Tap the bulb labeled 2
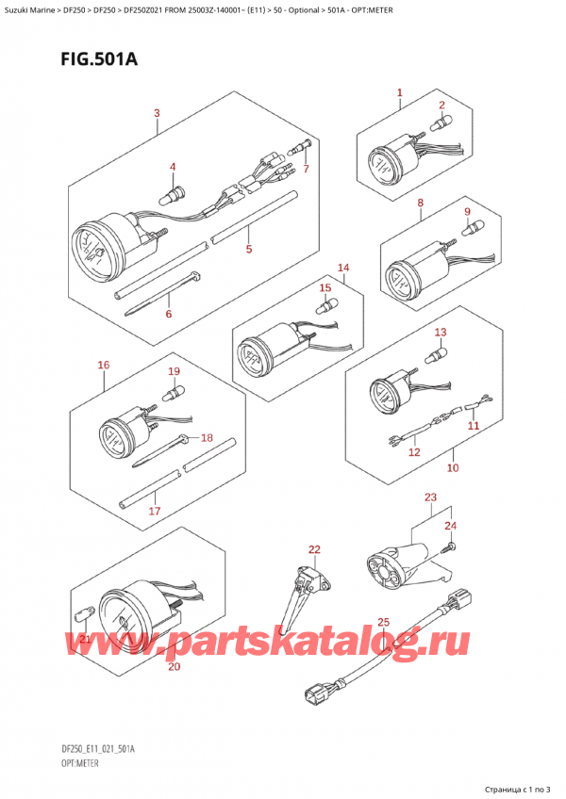(439, 122)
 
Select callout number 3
(157, 115)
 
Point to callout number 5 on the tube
(248, 250)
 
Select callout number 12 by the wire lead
(413, 452)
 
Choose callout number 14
(343, 269)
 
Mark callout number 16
(103, 364)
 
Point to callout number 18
(207, 438)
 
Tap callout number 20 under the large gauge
(173, 667)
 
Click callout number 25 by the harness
(382, 622)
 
